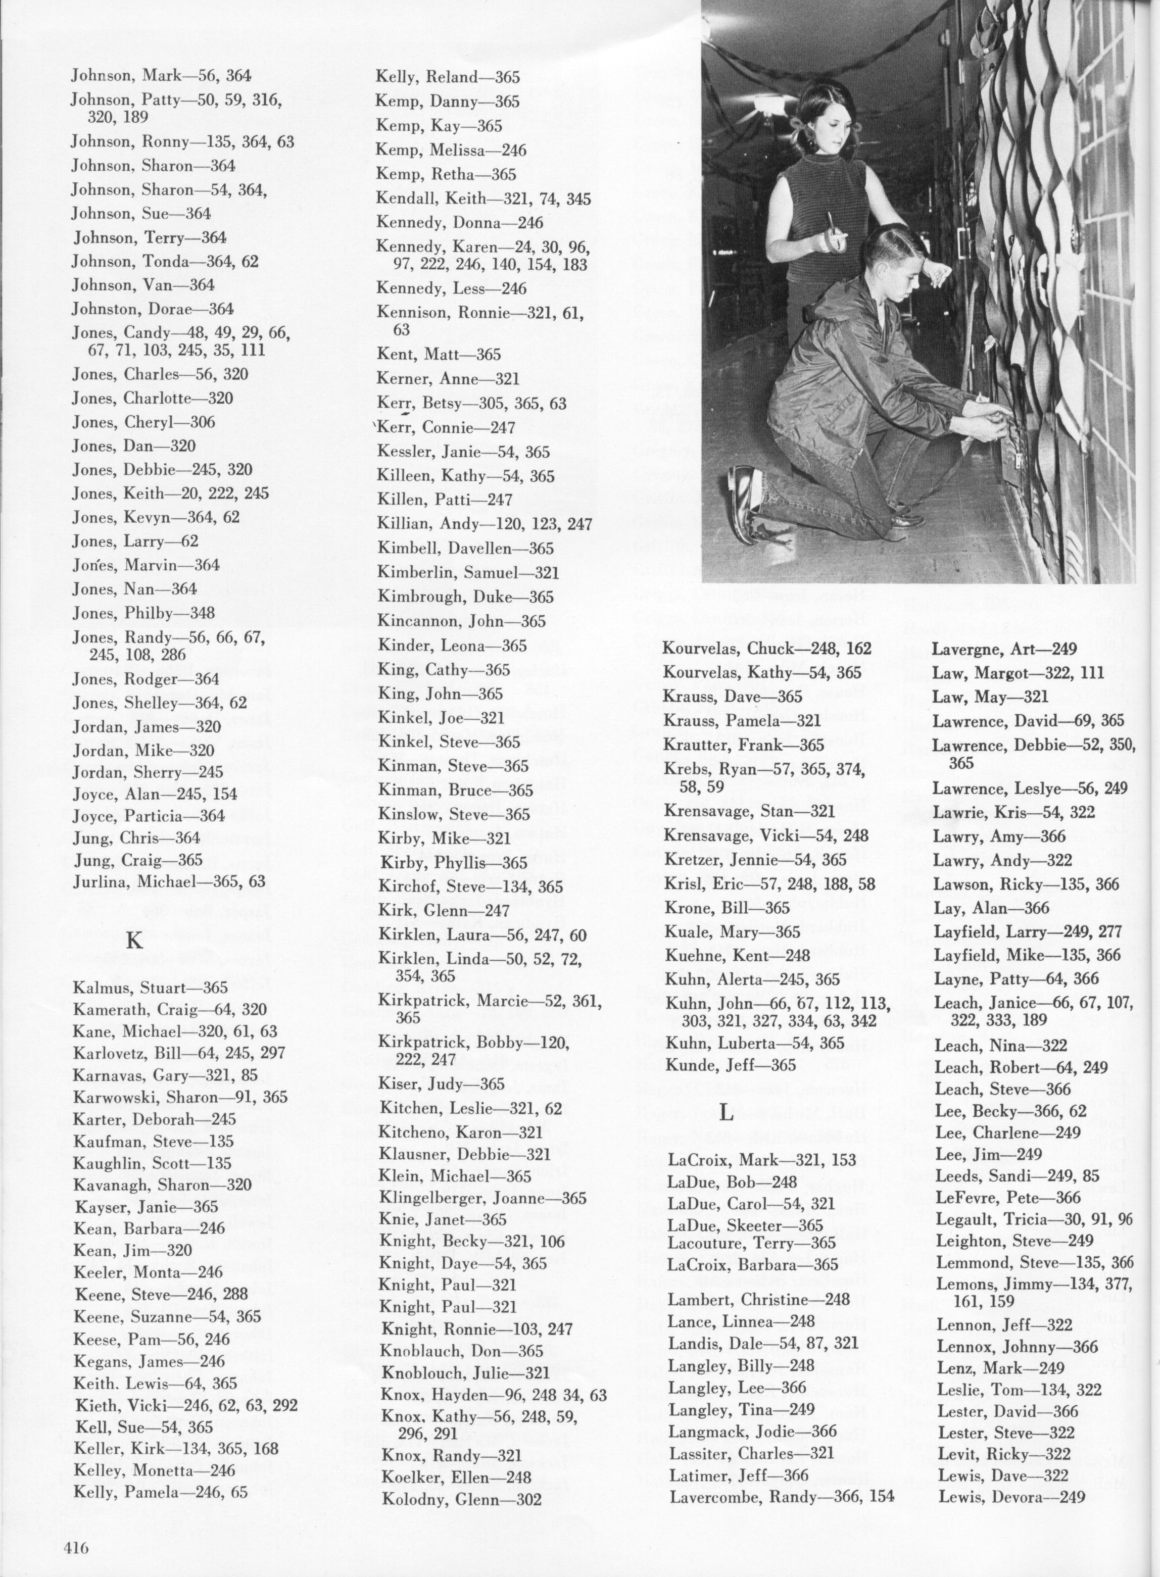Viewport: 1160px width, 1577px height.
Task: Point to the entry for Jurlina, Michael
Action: pos(169,881)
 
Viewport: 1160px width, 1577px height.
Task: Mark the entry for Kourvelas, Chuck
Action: pos(767,648)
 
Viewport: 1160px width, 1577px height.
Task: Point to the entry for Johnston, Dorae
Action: pos(153,309)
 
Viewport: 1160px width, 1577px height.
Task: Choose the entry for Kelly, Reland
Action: pos(447,77)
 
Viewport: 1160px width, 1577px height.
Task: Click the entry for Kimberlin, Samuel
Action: pos(468,573)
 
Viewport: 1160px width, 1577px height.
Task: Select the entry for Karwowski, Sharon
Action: pos(180,1097)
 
